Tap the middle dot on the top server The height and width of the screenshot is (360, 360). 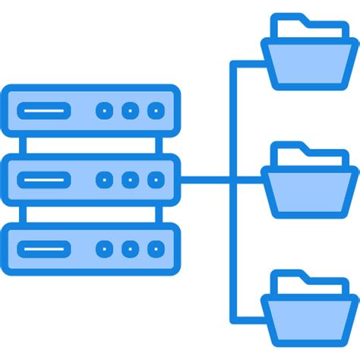(130, 111)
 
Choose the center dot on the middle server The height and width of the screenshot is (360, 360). (130, 180)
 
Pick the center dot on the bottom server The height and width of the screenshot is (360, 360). (130, 248)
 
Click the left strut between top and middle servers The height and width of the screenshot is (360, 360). (23, 145)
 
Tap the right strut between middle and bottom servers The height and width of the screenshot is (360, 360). (159, 214)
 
